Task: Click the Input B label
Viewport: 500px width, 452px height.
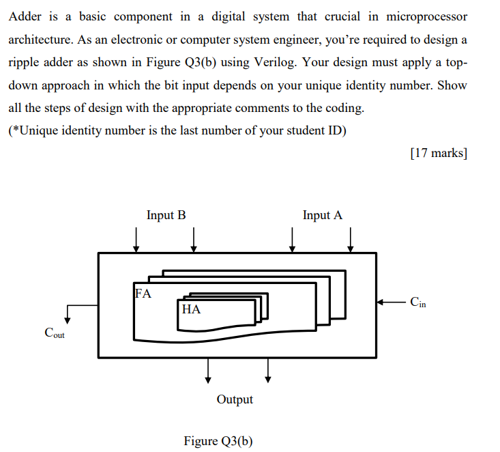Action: pyautogui.click(x=166, y=215)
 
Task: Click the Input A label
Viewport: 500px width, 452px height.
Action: pyautogui.click(x=323, y=215)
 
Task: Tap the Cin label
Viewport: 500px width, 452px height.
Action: pyautogui.click(x=418, y=302)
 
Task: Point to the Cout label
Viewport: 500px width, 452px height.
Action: pyautogui.click(x=55, y=333)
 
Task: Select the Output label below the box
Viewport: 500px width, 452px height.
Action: pyautogui.click(x=235, y=399)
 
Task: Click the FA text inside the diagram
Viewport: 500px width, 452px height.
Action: pyautogui.click(x=144, y=294)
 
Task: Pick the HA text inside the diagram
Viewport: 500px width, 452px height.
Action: pyautogui.click(x=192, y=309)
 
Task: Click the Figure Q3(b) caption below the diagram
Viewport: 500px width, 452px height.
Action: pyautogui.click(x=218, y=440)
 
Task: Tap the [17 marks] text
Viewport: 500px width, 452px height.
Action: pyautogui.click(x=439, y=152)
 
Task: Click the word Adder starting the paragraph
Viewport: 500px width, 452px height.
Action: pyautogui.click(x=25, y=16)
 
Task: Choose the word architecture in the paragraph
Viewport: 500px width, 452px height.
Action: pyautogui.click(x=42, y=39)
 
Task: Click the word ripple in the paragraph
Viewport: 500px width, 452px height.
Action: pyautogui.click(x=24, y=62)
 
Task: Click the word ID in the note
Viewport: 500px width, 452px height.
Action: pyautogui.click(x=336, y=130)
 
